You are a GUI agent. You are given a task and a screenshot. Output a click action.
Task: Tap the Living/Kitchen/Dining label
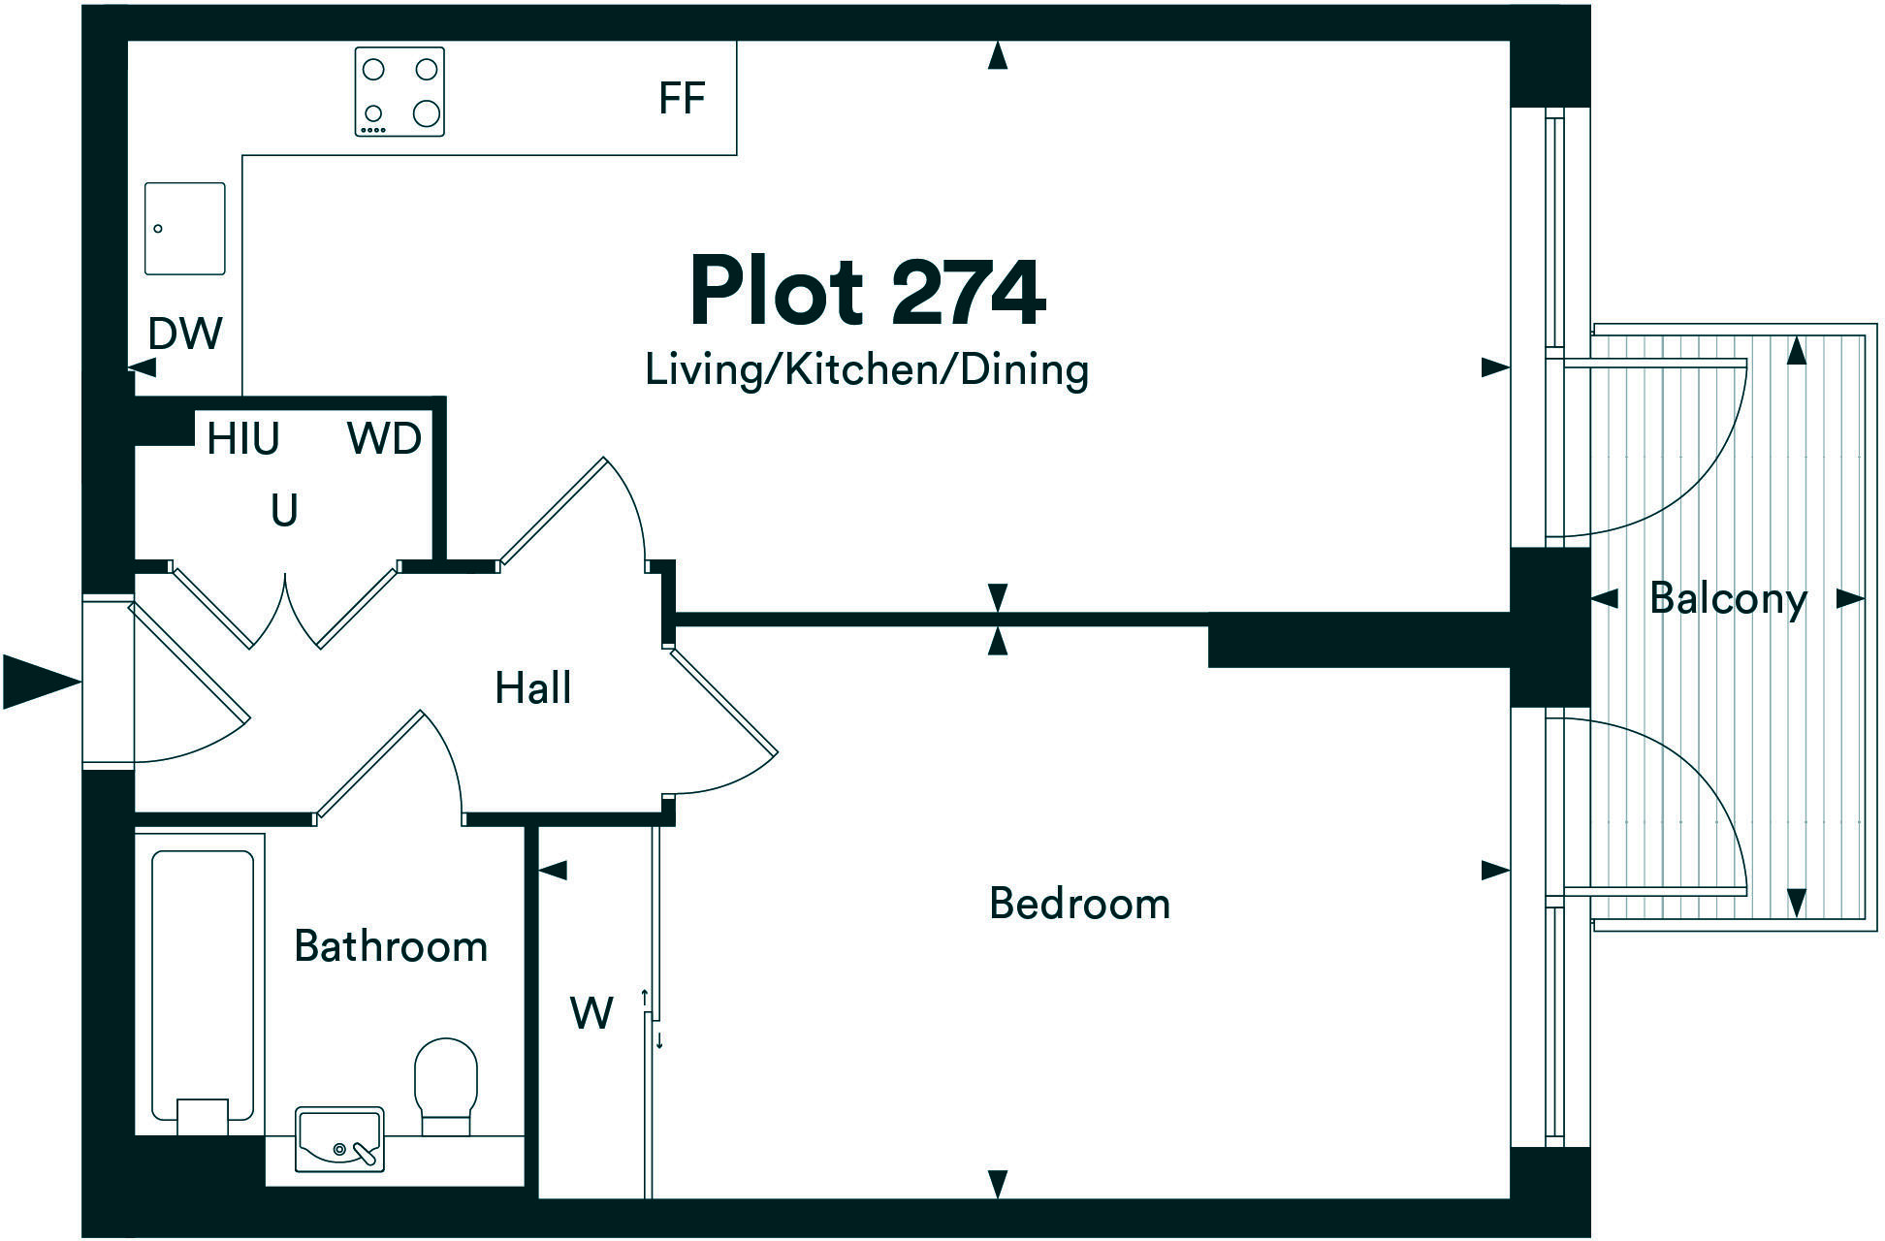click(867, 370)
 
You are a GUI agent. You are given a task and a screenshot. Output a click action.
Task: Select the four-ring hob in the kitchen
click(399, 92)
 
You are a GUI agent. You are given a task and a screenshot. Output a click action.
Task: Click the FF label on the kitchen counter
click(681, 99)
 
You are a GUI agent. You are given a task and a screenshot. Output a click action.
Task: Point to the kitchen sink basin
click(185, 229)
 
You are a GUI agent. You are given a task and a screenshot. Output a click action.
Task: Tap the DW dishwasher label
click(185, 334)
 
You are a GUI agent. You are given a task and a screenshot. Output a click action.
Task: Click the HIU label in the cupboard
click(242, 440)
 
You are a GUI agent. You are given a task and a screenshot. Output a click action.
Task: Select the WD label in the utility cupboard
click(384, 440)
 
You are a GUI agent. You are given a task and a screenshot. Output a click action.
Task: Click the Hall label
click(532, 688)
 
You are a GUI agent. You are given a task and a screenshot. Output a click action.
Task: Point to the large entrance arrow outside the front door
click(41, 682)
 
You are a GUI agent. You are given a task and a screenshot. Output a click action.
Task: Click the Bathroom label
click(391, 946)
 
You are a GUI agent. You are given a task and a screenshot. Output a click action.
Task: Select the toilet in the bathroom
click(447, 1084)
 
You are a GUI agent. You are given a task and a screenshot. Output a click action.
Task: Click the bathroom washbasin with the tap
click(339, 1139)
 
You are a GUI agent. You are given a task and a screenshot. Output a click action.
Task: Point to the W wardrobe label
click(591, 1014)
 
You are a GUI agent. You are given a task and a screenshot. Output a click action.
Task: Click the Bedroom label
click(1079, 904)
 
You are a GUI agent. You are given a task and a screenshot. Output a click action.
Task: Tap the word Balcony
click(1728, 598)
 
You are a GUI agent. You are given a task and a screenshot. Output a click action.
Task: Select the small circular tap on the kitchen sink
click(158, 229)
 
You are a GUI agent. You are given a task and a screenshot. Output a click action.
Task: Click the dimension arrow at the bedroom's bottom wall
click(997, 1183)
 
